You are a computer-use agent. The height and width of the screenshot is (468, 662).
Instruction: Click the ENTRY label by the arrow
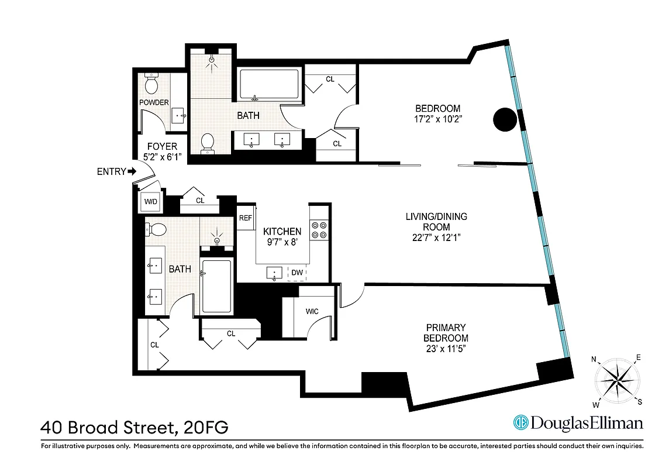point(111,171)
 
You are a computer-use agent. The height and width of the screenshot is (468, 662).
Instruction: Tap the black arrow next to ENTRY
point(132,171)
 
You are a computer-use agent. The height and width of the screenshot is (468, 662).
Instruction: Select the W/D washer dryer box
point(151,202)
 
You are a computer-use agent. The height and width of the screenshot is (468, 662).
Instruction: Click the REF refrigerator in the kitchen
point(245,218)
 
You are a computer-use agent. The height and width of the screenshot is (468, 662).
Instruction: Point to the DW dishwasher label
point(296,273)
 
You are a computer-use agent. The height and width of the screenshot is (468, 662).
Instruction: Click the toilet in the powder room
point(151,85)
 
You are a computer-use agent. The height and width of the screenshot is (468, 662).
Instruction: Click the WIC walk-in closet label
point(312,311)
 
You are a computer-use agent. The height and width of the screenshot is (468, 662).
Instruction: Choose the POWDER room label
point(154,103)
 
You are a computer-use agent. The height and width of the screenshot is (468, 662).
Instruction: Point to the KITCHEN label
point(282,232)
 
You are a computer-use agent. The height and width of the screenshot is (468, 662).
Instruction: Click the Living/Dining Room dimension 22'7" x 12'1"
point(436,238)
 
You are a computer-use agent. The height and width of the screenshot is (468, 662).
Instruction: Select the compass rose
point(616,380)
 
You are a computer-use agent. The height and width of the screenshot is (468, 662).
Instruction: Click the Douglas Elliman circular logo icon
point(520,422)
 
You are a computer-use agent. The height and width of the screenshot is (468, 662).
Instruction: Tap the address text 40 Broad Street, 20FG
point(135,427)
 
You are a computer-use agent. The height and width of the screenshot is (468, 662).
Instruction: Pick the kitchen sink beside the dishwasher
point(275,273)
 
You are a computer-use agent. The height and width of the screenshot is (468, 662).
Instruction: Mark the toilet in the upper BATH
point(207,143)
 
